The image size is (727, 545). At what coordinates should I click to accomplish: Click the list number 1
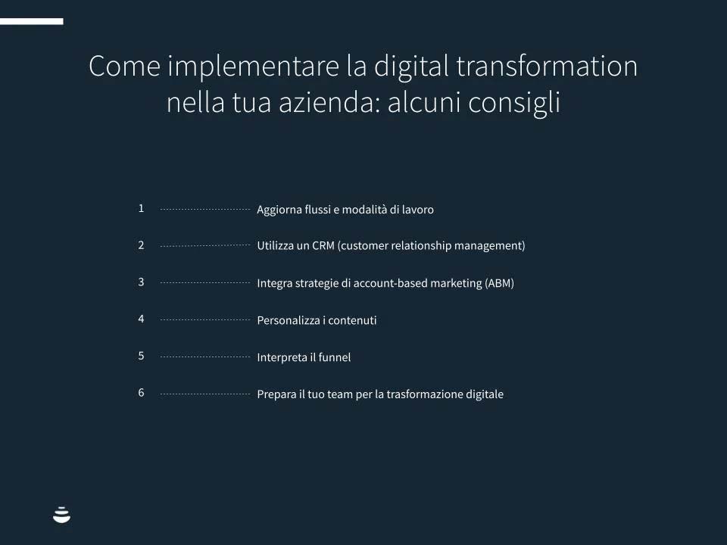click(x=141, y=209)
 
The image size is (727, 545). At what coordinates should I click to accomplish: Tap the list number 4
click(x=141, y=319)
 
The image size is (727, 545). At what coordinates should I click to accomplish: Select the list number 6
click(x=141, y=393)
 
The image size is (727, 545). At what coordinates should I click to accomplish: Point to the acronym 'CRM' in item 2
click(x=323, y=245)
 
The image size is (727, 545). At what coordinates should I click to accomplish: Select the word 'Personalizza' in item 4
click(x=289, y=320)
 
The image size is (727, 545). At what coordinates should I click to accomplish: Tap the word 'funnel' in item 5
click(x=334, y=357)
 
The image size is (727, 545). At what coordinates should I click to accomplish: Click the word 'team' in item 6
click(x=340, y=394)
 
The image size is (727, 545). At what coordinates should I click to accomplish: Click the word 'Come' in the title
click(x=125, y=66)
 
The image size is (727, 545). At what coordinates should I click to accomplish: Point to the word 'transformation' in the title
click(x=547, y=66)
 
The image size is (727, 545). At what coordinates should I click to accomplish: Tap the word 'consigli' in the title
click(x=514, y=103)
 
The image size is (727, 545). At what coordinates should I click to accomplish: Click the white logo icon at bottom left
click(x=61, y=515)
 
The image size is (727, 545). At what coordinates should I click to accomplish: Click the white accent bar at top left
click(x=32, y=21)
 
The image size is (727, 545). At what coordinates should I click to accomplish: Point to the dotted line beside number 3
click(x=205, y=282)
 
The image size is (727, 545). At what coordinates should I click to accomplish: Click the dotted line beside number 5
click(x=205, y=357)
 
